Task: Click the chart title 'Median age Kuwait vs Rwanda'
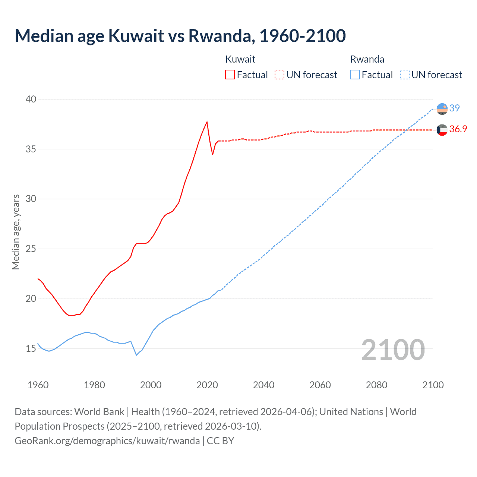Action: click(x=180, y=36)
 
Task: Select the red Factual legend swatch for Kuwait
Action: click(x=230, y=75)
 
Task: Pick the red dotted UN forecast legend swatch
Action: click(x=279, y=75)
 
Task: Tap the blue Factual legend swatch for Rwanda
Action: click(x=355, y=75)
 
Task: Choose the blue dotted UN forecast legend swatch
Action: click(x=405, y=75)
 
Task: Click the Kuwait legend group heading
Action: click(x=240, y=59)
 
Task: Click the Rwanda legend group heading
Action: click(x=367, y=59)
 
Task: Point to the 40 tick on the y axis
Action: click(x=31, y=99)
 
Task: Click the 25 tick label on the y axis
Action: click(x=31, y=249)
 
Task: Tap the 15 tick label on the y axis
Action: click(x=31, y=348)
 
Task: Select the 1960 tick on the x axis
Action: click(x=38, y=385)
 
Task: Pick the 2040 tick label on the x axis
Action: click(x=263, y=385)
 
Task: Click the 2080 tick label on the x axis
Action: click(x=376, y=385)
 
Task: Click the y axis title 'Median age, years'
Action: click(x=16, y=232)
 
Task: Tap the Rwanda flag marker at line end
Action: click(x=442, y=108)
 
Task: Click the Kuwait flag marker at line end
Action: click(x=442, y=130)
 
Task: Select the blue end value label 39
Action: click(x=455, y=108)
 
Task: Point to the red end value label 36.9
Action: click(x=458, y=129)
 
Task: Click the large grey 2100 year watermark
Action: click(x=393, y=350)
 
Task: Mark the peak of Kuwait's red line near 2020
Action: click(x=207, y=121)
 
